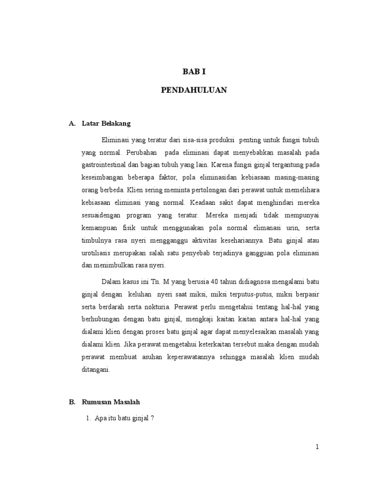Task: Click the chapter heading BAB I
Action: pyautogui.click(x=194, y=72)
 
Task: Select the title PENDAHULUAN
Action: pyautogui.click(x=194, y=90)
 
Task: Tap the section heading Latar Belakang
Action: pyautogui.click(x=106, y=124)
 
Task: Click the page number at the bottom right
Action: pyautogui.click(x=317, y=447)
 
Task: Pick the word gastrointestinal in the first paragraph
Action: pyautogui.click(x=103, y=164)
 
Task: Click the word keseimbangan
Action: pyautogui.click(x=102, y=177)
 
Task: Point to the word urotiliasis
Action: pyautogui.click(x=99, y=253)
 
